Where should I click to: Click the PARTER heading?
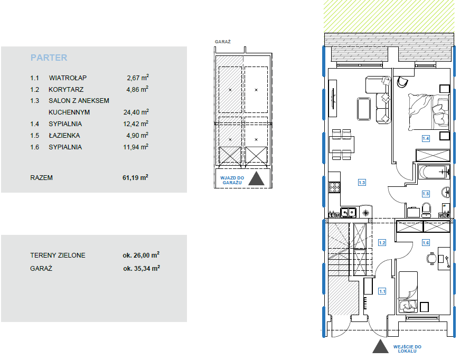click(49, 58)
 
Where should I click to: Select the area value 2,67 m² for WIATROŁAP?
click(138, 78)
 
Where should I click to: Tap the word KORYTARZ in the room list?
click(66, 89)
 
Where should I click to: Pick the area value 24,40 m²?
click(136, 112)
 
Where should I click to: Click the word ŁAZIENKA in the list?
click(64, 136)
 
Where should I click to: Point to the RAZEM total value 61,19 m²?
click(135, 178)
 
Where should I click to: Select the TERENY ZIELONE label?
click(58, 255)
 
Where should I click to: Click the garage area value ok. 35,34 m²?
click(142, 268)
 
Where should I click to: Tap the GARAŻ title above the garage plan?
click(223, 42)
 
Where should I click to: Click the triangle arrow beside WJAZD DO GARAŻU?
click(256, 179)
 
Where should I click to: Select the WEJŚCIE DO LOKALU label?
click(407, 349)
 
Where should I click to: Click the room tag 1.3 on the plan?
click(362, 183)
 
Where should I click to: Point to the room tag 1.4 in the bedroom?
click(426, 138)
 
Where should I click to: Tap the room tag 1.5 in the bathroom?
click(426, 194)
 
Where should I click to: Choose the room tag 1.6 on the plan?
click(426, 242)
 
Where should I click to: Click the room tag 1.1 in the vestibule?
click(382, 291)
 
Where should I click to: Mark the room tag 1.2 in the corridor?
click(382, 243)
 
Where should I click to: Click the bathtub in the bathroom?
click(434, 172)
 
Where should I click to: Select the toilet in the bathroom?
click(426, 210)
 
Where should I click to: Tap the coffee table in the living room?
click(364, 109)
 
